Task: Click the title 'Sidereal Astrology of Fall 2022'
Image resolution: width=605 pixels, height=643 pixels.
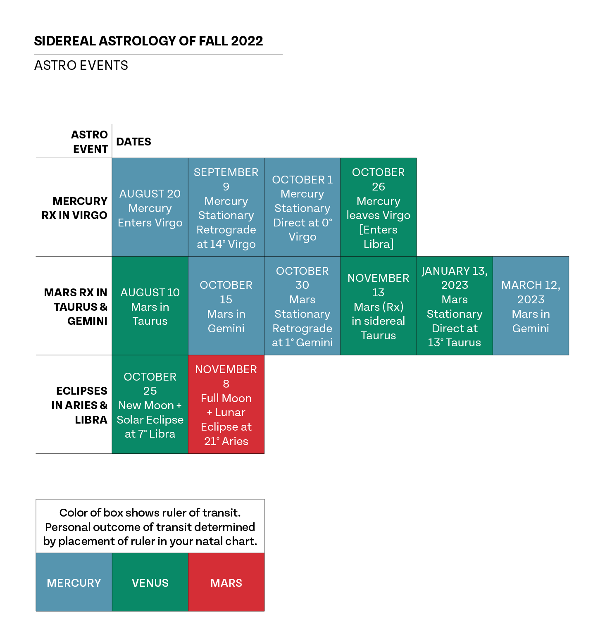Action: (x=148, y=41)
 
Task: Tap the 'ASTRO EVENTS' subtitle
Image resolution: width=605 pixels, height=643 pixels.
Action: (x=81, y=65)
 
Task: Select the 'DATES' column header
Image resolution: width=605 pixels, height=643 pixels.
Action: (x=133, y=142)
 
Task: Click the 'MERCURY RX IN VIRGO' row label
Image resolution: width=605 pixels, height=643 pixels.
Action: (x=74, y=208)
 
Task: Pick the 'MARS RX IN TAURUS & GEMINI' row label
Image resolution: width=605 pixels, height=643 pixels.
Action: (x=76, y=307)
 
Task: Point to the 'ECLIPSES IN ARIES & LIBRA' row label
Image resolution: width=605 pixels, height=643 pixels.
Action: (x=79, y=405)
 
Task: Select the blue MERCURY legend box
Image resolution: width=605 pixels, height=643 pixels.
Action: (x=74, y=583)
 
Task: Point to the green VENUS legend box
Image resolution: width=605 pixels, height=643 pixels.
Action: (x=150, y=583)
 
